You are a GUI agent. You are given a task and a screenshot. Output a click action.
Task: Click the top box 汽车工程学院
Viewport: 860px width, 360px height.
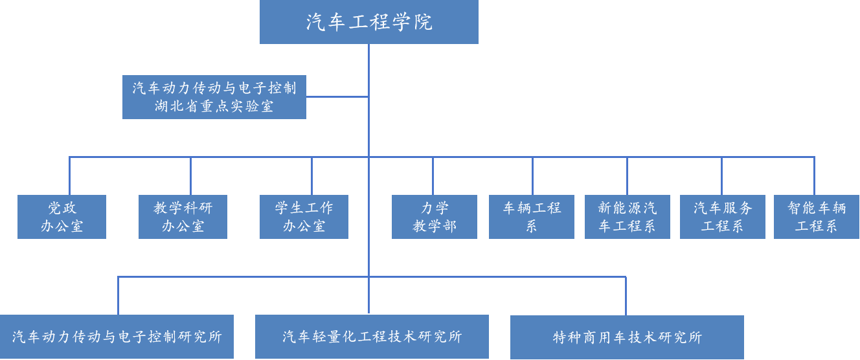coord(369,22)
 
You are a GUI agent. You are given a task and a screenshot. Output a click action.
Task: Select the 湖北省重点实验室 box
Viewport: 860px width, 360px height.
coord(214,97)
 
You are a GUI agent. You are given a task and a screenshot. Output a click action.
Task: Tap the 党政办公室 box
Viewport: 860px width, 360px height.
coord(62,217)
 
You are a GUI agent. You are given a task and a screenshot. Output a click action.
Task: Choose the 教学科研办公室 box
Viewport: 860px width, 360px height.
coord(183,217)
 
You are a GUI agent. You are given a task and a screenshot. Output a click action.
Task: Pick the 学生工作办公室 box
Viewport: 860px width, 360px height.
coord(304,217)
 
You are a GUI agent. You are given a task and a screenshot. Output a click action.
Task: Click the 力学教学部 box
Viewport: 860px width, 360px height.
coord(435,217)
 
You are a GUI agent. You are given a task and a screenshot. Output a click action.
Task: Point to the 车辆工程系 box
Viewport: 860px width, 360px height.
coord(532,217)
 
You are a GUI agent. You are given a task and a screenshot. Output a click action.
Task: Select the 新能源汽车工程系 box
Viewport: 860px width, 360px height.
coord(627,217)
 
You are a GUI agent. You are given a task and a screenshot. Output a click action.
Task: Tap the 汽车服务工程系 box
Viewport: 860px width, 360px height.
coord(723,217)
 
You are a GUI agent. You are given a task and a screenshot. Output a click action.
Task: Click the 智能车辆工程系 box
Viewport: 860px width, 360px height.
coord(817,217)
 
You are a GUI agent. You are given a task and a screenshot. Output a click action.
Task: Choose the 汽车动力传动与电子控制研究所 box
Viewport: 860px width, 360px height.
coord(117,337)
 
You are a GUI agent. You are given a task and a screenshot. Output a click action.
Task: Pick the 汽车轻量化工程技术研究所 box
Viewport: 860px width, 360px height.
coord(372,337)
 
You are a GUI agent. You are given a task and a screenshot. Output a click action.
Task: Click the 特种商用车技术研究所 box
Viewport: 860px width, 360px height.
coord(627,337)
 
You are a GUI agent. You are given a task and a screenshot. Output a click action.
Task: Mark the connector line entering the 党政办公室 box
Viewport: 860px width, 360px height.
coord(69,176)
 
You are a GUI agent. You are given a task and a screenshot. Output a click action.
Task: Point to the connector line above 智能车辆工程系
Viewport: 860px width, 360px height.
coord(814,176)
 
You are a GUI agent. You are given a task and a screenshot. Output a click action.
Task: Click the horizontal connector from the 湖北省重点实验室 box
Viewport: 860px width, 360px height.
coord(337,97)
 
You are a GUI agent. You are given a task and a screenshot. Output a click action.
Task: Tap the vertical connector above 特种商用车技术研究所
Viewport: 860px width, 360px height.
coord(626,296)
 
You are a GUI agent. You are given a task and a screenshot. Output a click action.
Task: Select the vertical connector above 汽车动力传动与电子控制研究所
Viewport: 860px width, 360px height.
coord(118,296)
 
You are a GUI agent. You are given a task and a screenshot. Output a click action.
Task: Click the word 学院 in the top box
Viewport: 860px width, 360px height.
coord(414,23)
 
